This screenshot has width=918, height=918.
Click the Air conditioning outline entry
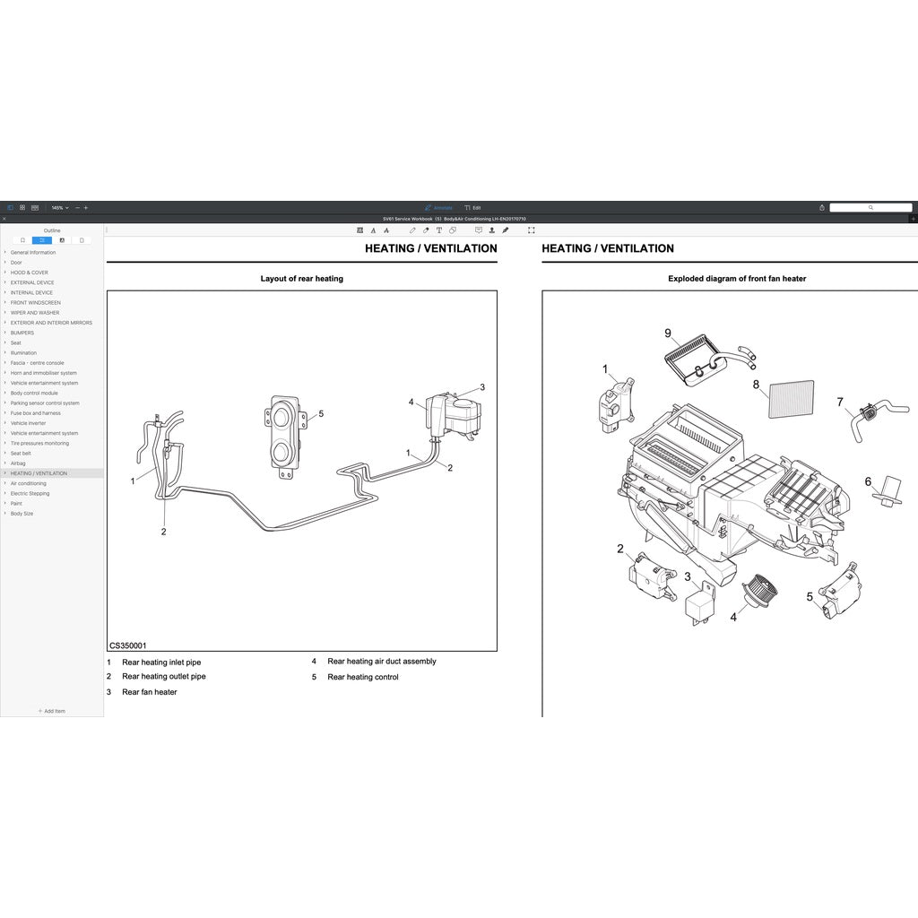(28, 483)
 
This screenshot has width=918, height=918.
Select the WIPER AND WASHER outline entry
(35, 313)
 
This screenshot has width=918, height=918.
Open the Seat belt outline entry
(21, 453)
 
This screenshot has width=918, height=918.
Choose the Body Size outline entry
(22, 514)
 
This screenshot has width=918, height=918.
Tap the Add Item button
(52, 711)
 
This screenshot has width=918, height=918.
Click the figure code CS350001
(128, 645)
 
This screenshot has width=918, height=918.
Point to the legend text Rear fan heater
(150, 692)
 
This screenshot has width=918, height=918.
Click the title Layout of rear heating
(301, 279)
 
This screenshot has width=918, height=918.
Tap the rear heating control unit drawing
(285, 434)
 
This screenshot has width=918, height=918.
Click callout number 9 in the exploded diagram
(668, 333)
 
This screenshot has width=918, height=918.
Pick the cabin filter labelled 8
(792, 399)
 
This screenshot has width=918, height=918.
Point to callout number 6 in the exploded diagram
(868, 481)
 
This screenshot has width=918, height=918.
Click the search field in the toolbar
(870, 207)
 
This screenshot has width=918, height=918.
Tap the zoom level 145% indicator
(58, 207)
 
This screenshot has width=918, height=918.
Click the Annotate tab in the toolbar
(439, 207)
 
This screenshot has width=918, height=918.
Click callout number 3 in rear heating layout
(482, 387)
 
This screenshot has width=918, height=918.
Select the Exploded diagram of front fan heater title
(737, 279)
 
